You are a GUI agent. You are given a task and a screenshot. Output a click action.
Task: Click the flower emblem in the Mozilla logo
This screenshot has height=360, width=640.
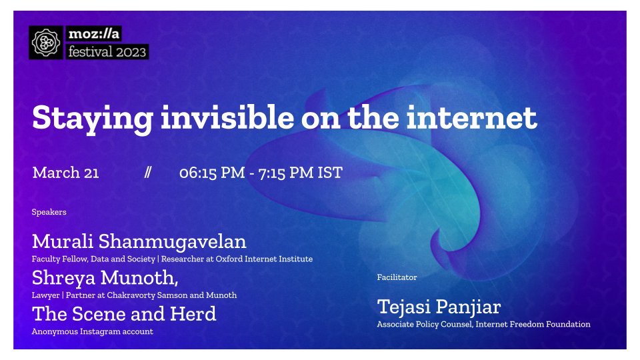click(46, 43)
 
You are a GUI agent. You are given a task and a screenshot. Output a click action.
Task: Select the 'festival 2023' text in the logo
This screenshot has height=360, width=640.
click(107, 51)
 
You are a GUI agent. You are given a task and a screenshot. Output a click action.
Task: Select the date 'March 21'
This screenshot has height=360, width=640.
click(65, 173)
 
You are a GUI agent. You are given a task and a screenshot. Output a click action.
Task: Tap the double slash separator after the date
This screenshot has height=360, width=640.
click(148, 173)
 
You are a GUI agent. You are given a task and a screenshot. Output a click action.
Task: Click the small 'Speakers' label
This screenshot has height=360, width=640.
click(49, 212)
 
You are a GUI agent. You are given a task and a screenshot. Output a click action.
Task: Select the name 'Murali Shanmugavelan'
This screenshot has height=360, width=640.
click(139, 241)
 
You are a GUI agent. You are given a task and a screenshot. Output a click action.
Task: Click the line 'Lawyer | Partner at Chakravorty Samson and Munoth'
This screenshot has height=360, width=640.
click(134, 295)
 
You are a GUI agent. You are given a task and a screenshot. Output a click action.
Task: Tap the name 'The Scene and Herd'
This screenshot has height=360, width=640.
click(124, 313)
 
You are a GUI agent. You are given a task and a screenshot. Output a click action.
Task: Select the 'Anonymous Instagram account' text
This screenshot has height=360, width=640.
click(92, 331)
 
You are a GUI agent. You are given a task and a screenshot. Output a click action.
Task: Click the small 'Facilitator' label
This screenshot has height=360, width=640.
click(397, 277)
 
